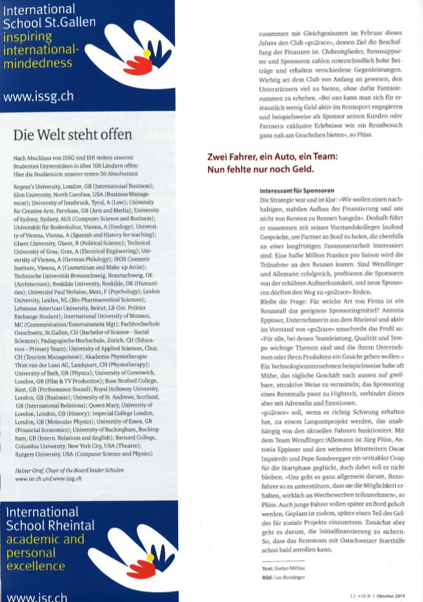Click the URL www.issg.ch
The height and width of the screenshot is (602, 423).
pyautogui.click(x=38, y=97)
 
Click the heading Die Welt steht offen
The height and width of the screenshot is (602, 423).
pyautogui.click(x=73, y=135)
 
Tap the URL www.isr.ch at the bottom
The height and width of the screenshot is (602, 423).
pyautogui.click(x=36, y=596)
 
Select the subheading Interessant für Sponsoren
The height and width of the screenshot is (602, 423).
pyautogui.click(x=297, y=192)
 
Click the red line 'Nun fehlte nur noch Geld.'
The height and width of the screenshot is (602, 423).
pyautogui.click(x=260, y=169)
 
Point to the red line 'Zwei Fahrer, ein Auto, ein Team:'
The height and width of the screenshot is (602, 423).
pyautogui.click(x=272, y=158)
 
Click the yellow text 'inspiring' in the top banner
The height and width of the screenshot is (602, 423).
pyautogui.click(x=27, y=36)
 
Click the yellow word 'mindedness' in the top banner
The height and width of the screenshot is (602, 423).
pyautogui.click(x=38, y=64)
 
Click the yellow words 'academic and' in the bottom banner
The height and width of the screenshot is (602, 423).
pyautogui.click(x=45, y=539)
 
